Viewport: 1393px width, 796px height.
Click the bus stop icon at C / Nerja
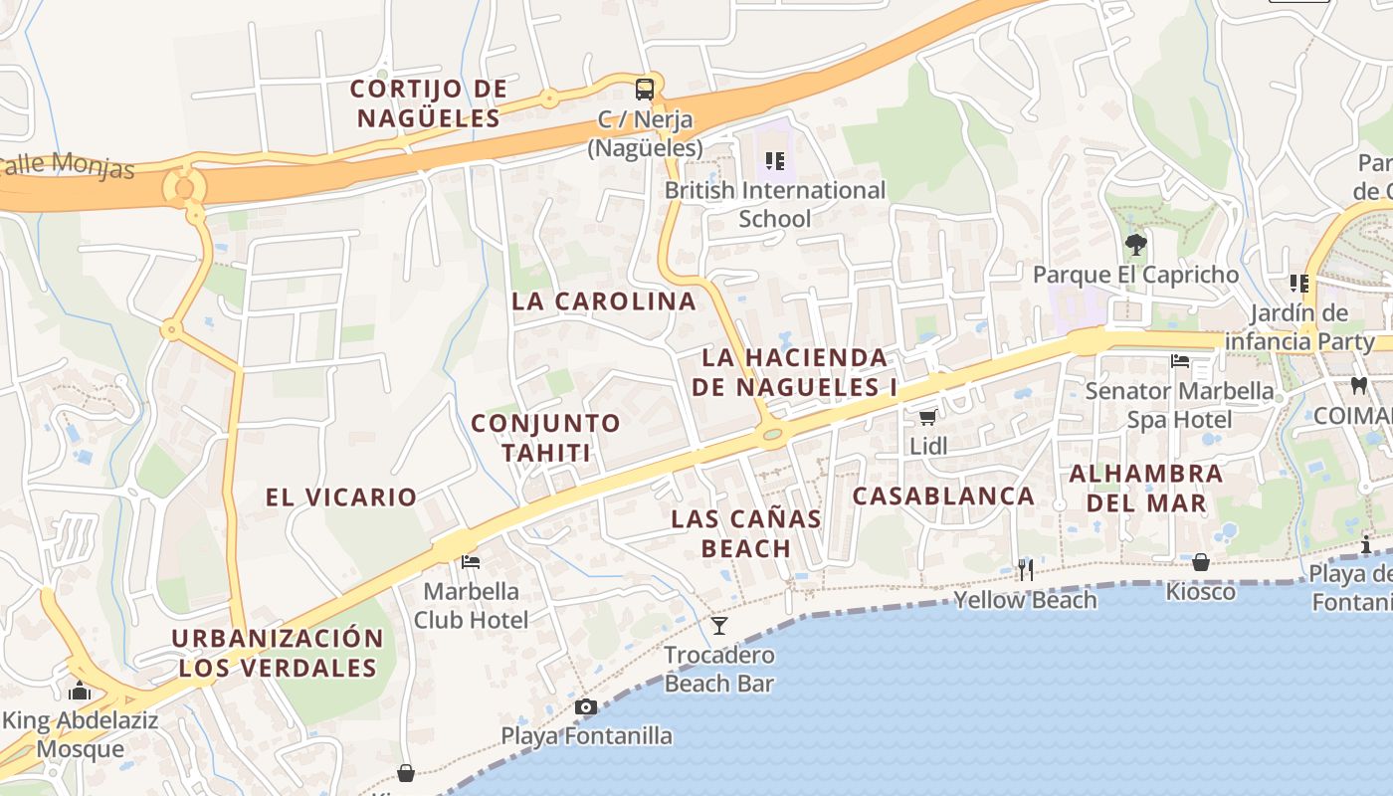645,89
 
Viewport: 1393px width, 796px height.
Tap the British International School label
775,204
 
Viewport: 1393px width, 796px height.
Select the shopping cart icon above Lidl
927,417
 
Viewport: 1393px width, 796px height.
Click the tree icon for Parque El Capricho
1134,244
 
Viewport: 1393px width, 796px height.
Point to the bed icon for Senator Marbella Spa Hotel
1180,361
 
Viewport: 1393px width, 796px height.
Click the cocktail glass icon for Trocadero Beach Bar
719,625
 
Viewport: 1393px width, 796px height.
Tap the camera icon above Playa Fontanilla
586,706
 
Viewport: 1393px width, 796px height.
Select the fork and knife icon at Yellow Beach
1025,569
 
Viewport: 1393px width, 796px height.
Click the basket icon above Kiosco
1201,562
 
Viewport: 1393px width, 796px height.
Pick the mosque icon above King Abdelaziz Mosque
80,691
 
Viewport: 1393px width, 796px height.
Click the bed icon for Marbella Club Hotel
471,561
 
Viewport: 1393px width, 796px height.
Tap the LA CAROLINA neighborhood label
604,301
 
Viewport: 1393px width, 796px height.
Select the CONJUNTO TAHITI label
545,438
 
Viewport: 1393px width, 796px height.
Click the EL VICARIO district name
341,497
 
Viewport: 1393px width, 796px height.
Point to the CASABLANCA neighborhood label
943,496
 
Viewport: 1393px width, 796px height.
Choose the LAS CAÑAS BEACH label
746,533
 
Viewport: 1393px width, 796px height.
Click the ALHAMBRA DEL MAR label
1146,488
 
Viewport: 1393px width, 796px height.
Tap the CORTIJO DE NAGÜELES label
429,103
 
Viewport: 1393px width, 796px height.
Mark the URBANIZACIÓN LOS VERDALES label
278,653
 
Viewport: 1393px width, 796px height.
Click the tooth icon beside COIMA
1359,385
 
